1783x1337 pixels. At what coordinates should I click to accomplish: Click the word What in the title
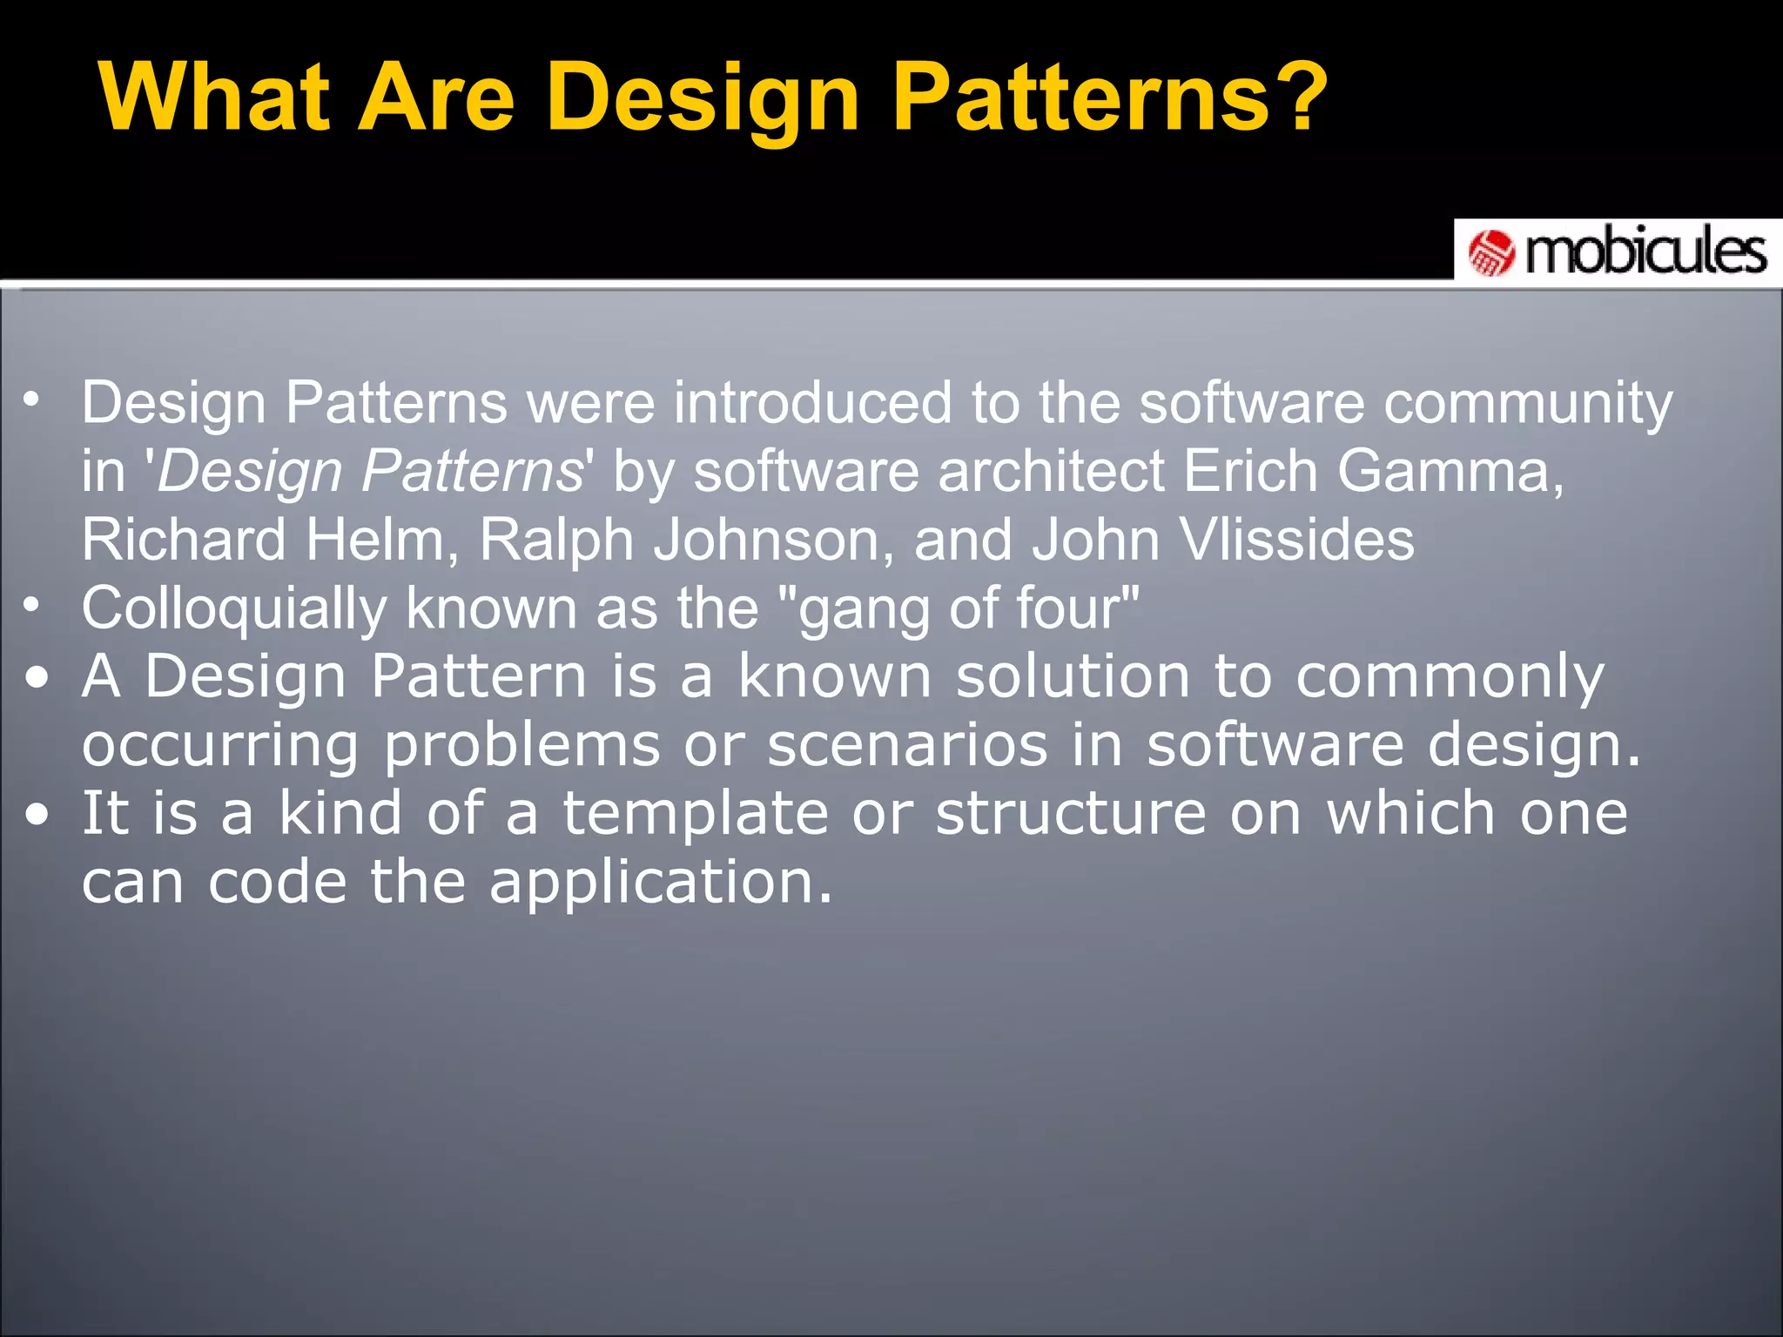pyautogui.click(x=214, y=97)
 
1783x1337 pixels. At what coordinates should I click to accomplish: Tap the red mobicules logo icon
pyautogui.click(x=1492, y=253)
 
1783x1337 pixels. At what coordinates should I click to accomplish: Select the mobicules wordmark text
pyautogui.click(x=1645, y=253)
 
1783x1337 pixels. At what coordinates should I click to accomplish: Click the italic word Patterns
pyautogui.click(x=471, y=471)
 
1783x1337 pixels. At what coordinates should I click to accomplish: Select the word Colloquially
pyautogui.click(x=233, y=608)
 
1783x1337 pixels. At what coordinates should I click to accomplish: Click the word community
pyautogui.click(x=1528, y=404)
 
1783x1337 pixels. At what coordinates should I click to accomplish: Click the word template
pyautogui.click(x=695, y=813)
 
